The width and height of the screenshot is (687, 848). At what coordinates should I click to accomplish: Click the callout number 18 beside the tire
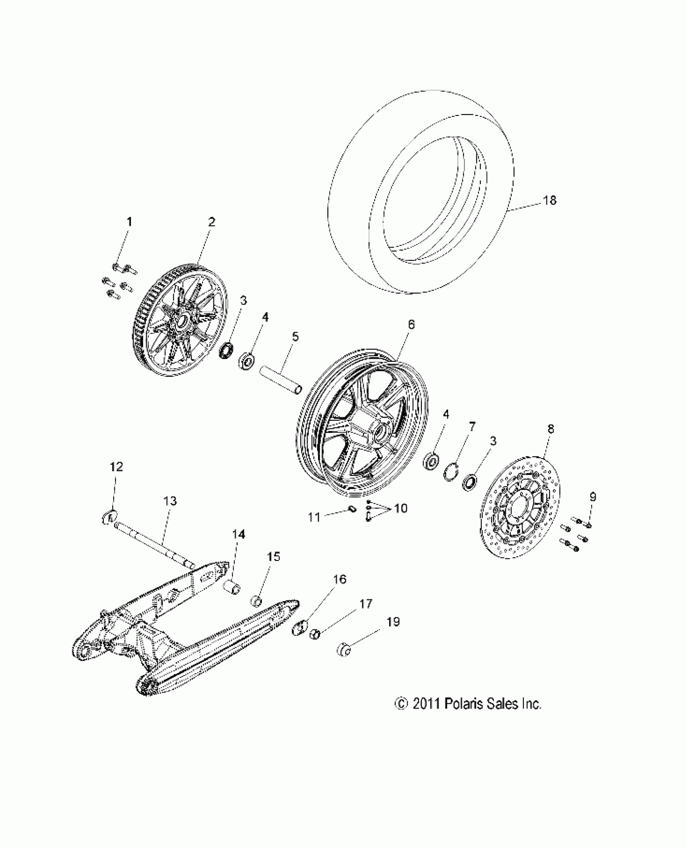550,200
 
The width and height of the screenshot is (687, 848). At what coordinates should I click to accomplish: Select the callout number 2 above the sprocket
211,222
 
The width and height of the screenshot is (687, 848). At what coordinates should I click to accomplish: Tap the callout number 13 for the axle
171,501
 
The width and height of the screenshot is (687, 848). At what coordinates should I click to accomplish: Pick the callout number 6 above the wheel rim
411,324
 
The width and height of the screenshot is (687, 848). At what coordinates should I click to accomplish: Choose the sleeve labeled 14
232,586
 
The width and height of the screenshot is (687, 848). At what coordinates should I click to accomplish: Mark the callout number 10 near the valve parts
400,508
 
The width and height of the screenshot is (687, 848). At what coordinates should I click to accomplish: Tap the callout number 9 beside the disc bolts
592,497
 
